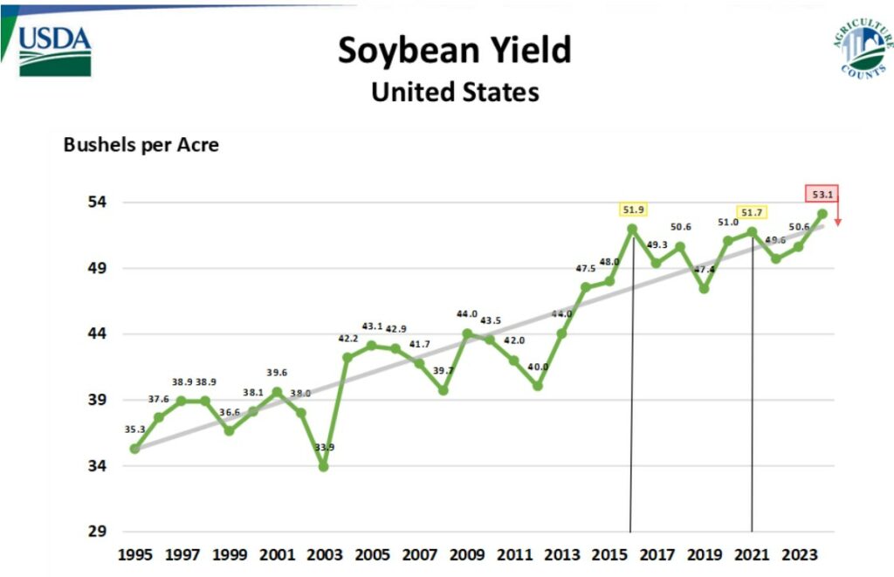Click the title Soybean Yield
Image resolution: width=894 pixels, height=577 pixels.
(454, 51)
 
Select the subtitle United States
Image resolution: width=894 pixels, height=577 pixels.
(454, 92)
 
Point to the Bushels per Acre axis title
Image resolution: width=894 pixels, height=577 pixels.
(141, 145)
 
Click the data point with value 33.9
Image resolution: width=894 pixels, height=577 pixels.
(323, 467)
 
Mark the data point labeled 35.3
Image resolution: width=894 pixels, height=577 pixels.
(134, 449)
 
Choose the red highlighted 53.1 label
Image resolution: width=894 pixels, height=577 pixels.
(822, 194)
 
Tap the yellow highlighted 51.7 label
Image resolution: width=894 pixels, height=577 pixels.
(752, 212)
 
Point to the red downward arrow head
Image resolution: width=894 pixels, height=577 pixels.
(838, 223)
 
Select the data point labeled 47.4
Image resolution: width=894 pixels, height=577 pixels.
(704, 289)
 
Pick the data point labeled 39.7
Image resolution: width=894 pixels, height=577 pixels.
(443, 390)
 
